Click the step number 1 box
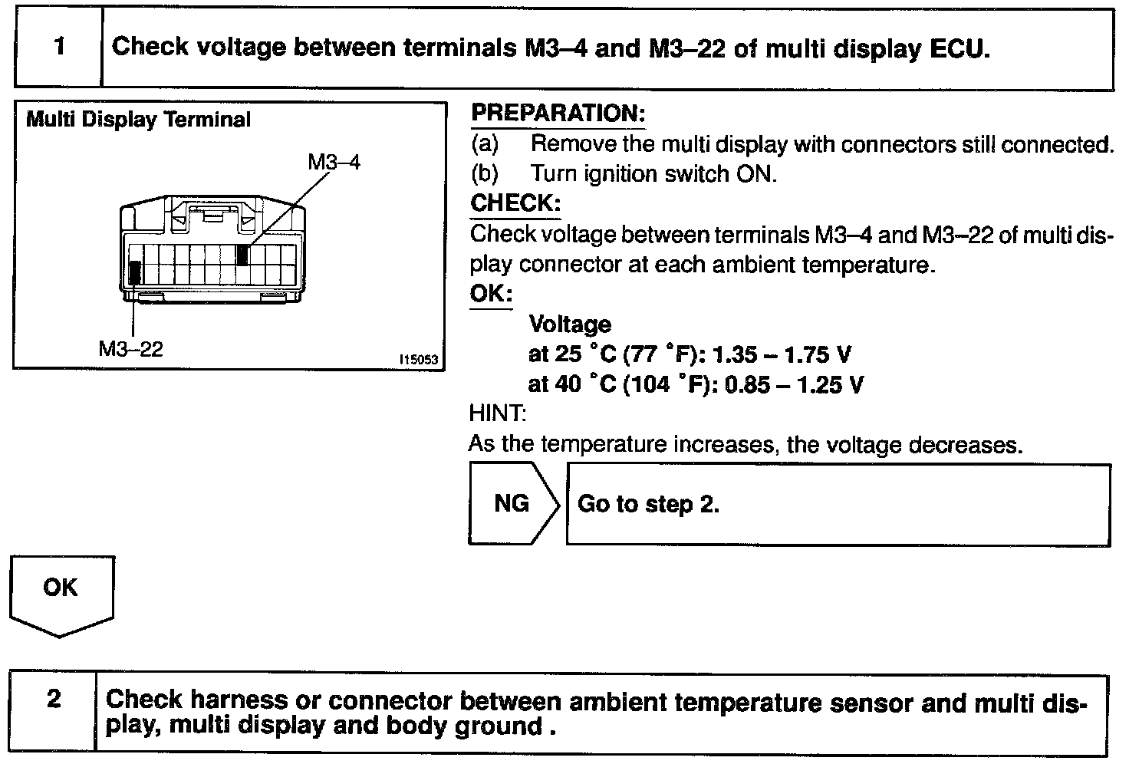[58, 48]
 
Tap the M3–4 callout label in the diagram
[334, 162]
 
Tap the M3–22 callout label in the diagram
[130, 349]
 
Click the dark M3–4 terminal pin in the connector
[242, 255]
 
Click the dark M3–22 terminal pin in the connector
[135, 273]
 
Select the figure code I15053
[418, 359]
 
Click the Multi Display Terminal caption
[138, 120]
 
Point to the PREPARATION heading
[558, 114]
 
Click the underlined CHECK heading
[515, 203]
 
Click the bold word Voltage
[570, 324]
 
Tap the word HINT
[497, 414]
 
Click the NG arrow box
[512, 504]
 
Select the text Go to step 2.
[648, 504]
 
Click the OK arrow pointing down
[61, 594]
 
